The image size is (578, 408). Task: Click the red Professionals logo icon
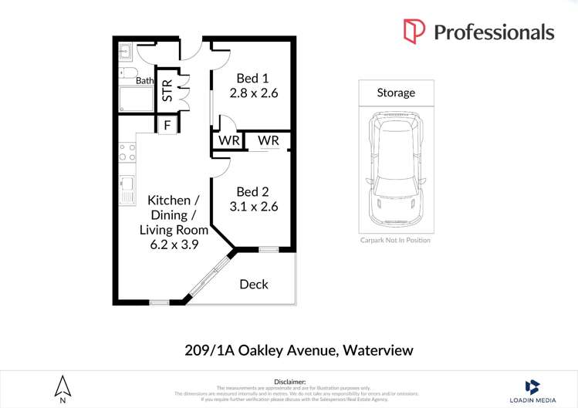(x=414, y=32)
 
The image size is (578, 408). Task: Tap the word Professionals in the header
(x=494, y=32)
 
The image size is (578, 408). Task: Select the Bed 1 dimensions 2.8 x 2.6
(x=253, y=93)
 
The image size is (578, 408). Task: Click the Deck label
(x=254, y=285)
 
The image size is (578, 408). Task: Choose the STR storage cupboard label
(x=167, y=90)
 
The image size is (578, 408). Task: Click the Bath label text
(x=144, y=80)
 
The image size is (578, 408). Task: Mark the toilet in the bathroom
(x=127, y=72)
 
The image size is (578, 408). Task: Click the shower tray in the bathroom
(x=137, y=99)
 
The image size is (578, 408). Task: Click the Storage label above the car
(x=396, y=93)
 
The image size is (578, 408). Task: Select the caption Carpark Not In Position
(x=395, y=240)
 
